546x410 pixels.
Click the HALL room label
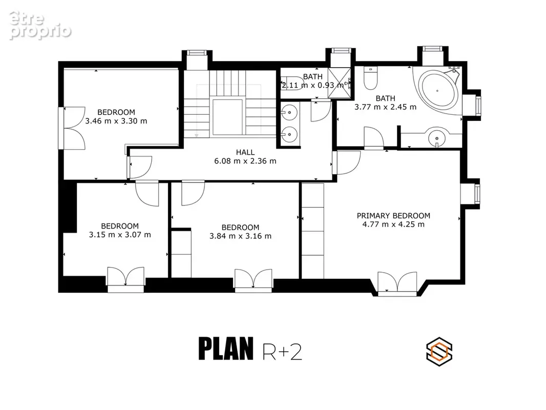(245, 152)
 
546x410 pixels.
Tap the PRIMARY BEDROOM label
(393, 216)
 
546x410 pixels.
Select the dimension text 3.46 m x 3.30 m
(116, 121)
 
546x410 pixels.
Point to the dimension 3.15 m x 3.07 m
(120, 235)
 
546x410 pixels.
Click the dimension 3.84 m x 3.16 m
(240, 236)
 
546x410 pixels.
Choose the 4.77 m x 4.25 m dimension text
(393, 224)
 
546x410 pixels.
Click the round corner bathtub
(438, 91)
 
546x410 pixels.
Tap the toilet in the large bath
(370, 78)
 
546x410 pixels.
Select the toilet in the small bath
(292, 83)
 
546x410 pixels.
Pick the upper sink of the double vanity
(289, 112)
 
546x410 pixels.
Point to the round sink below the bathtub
(436, 138)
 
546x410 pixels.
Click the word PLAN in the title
(226, 348)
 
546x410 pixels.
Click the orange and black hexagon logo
(439, 352)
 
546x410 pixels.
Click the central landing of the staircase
(227, 117)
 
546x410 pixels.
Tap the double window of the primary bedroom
(397, 283)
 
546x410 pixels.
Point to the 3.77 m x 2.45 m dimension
(386, 107)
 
